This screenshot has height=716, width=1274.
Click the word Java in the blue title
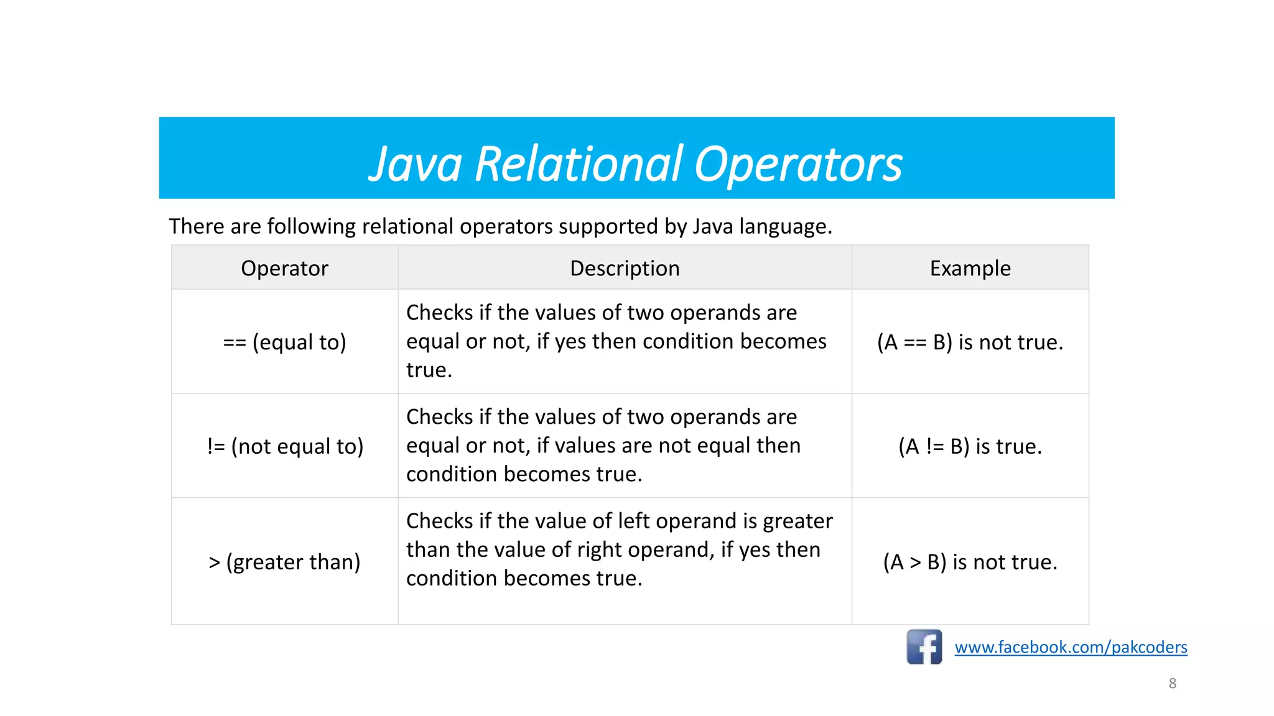click(416, 165)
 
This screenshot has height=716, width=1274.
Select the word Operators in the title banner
click(797, 165)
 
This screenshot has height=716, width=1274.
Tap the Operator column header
click(284, 268)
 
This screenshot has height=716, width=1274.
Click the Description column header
click(625, 268)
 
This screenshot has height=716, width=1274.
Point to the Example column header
click(970, 268)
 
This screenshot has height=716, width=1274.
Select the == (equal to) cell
click(284, 342)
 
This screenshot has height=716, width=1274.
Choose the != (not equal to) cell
click(285, 446)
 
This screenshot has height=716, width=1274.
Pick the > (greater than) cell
click(284, 562)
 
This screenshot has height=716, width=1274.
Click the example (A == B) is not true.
click(970, 342)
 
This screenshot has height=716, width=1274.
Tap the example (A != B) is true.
click(970, 446)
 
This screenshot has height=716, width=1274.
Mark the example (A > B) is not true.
click(970, 562)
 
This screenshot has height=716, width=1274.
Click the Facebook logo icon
click(924, 647)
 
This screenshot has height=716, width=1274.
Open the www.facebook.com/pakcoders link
click(1071, 647)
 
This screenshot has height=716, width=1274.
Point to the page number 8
click(1172, 683)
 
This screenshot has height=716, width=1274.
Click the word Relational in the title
click(579, 165)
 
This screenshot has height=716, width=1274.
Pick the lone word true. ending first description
click(429, 370)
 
